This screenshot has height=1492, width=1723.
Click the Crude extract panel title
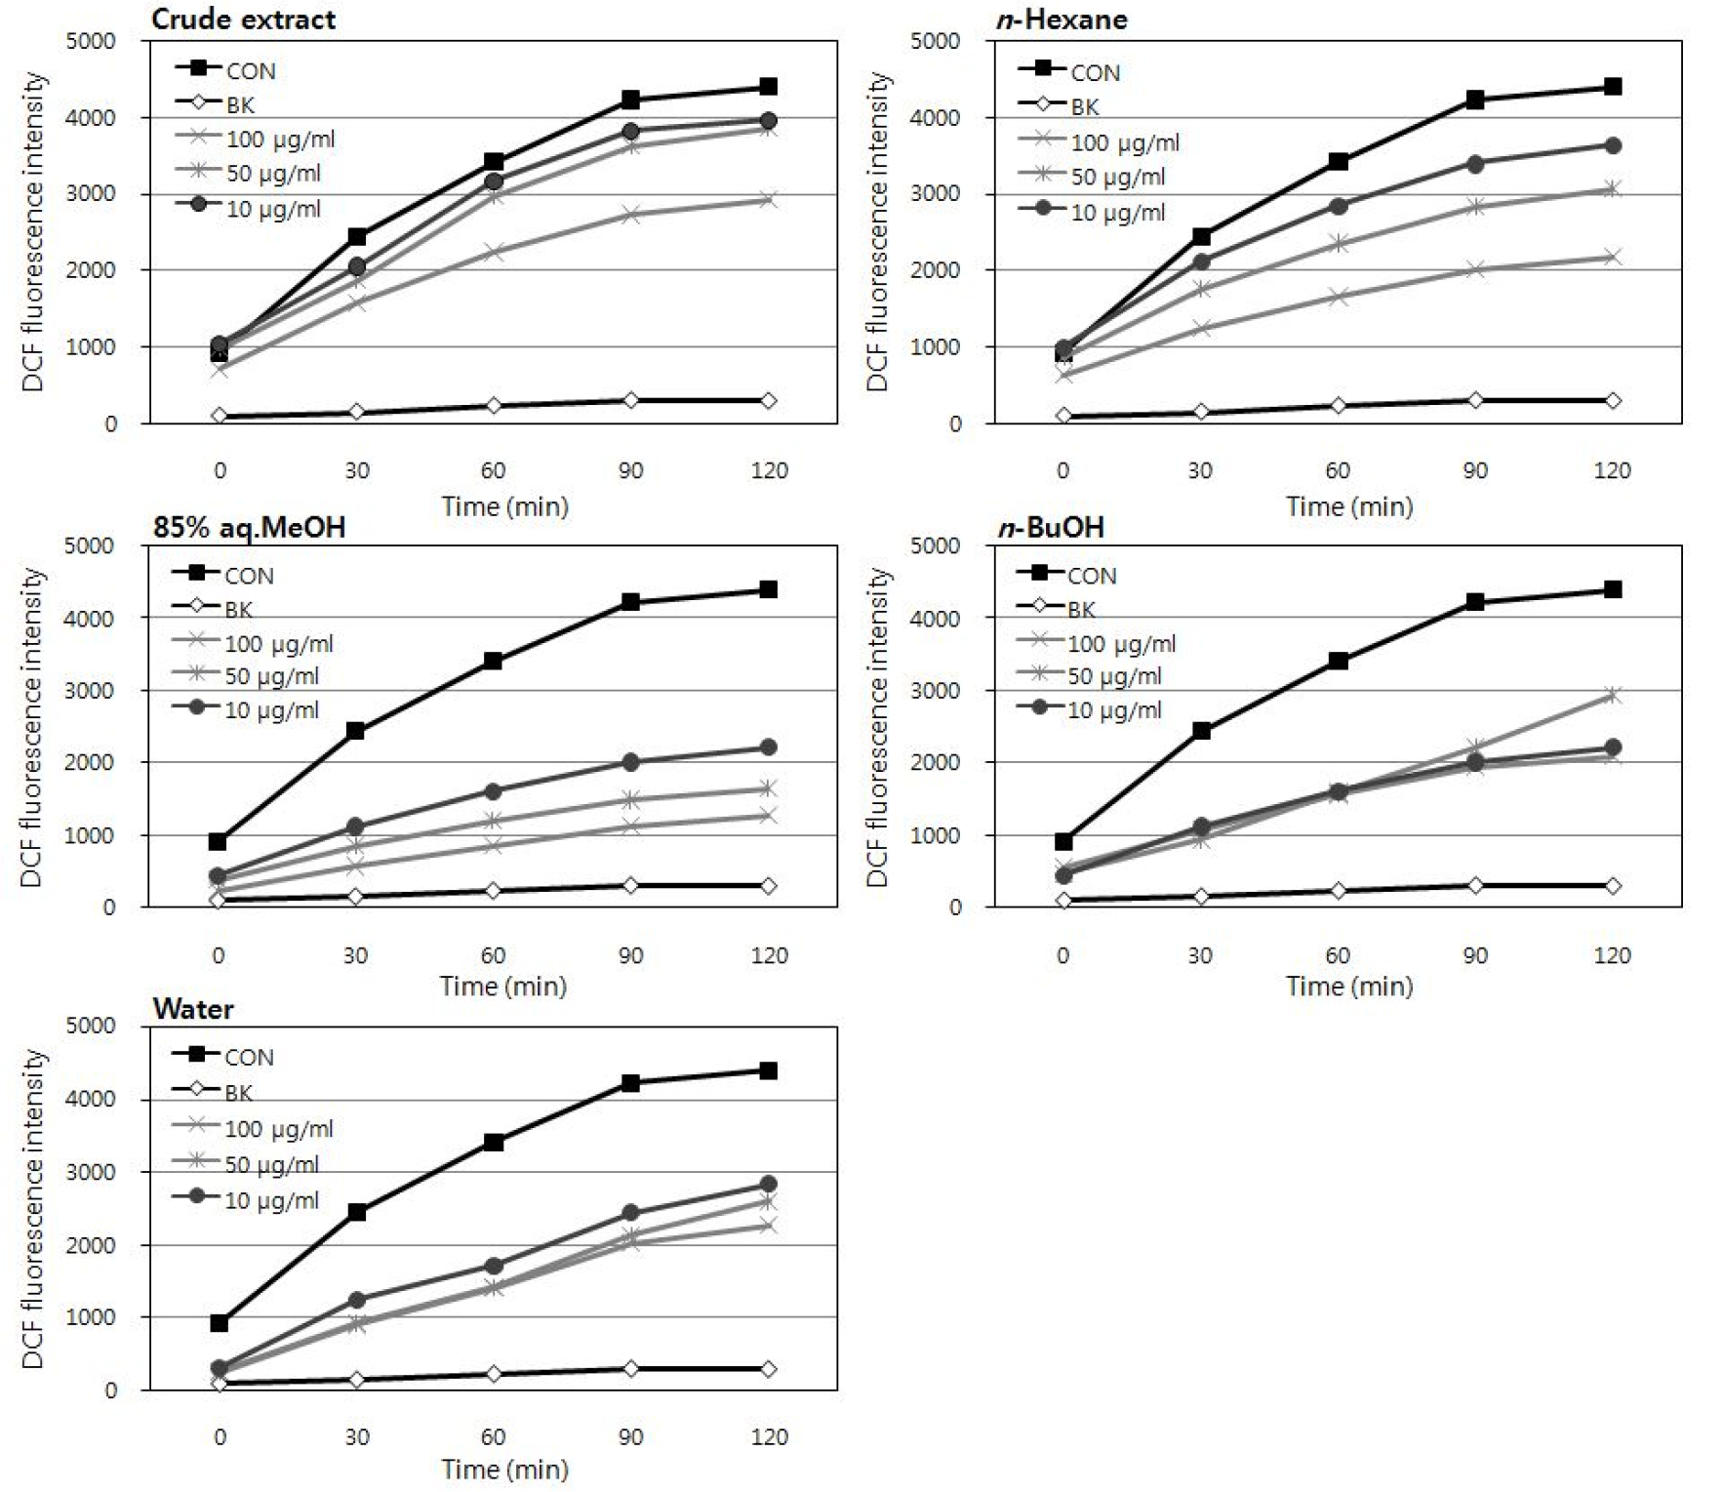coord(243,20)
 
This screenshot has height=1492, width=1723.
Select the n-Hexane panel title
coord(1062,20)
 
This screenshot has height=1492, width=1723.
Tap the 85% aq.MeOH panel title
coord(249,527)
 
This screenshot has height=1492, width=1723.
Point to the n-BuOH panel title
coord(1050,527)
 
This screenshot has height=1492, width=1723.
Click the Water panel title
coord(193,1009)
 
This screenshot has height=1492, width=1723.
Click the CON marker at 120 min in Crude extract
coord(768,87)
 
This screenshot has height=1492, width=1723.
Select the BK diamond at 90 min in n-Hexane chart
coord(1475,400)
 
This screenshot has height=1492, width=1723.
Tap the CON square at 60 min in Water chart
coord(494,1142)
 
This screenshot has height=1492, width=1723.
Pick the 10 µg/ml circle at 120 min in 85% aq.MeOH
coord(768,747)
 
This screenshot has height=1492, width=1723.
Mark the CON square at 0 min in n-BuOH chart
coord(1063,841)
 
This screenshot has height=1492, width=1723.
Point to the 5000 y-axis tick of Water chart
coord(91,1026)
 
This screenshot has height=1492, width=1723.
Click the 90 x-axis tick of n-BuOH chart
coord(1475,955)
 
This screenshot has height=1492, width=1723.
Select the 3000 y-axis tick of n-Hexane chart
coord(935,193)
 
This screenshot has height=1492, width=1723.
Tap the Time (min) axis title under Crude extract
coord(504,506)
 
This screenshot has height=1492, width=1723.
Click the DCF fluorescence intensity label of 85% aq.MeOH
coord(32,727)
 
